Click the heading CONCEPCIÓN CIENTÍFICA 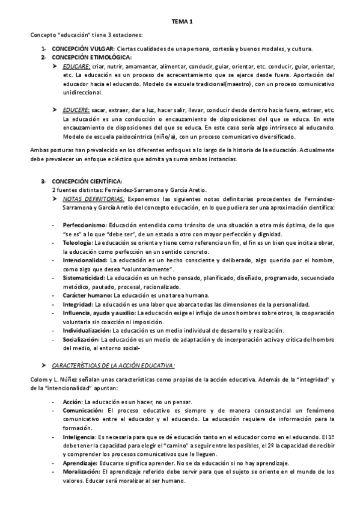87,181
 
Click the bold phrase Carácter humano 87,295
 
